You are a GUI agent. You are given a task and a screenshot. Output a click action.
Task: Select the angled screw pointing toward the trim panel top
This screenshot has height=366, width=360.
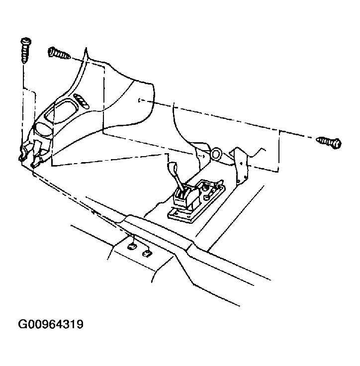pos(59,53)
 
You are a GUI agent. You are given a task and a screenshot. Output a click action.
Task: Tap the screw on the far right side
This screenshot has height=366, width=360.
pos(329,141)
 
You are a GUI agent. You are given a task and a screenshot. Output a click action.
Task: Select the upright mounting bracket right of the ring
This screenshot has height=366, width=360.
pos(242,162)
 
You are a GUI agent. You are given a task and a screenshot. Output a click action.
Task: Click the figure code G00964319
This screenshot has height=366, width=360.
pos(51,325)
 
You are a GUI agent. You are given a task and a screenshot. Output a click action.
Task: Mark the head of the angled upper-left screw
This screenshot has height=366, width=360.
pos(52,51)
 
